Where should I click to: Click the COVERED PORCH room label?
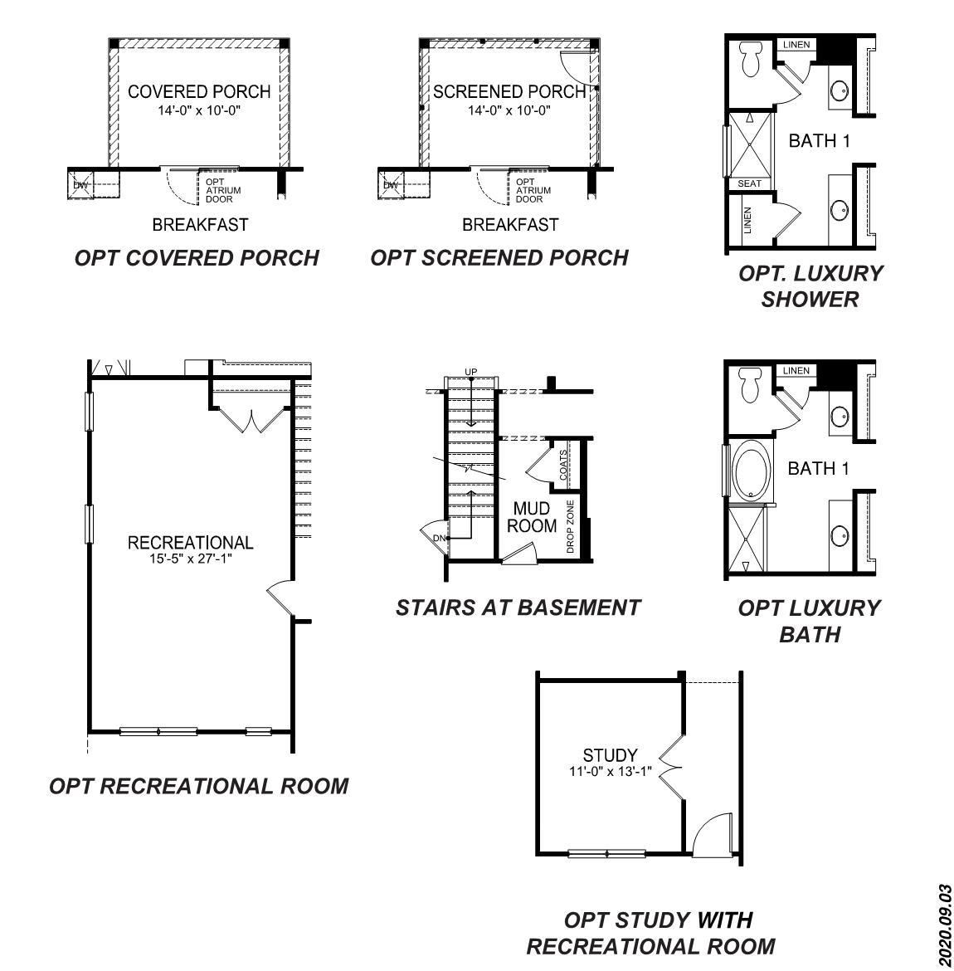199,91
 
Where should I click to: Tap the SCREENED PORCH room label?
509,91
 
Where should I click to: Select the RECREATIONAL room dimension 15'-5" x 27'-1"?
190,559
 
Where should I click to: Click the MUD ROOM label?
532,517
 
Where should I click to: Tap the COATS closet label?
563,465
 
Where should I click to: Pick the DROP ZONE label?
570,526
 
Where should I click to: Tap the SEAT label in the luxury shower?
749,183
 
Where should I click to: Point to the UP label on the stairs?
471,371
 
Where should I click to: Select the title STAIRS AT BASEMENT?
518,607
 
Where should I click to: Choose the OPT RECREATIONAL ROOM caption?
199,785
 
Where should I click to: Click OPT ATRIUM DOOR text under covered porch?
219,190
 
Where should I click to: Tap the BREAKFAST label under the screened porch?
510,224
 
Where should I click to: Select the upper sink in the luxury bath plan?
840,415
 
